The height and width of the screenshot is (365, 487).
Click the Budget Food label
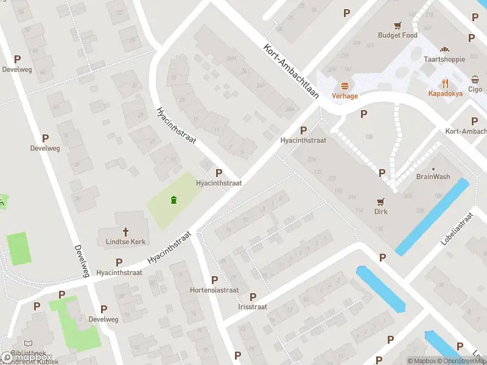[x=398, y=35]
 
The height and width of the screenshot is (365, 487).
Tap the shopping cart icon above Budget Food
[x=398, y=25]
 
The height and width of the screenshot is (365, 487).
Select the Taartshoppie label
[x=444, y=59]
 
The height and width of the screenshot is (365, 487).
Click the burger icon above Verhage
[x=345, y=86]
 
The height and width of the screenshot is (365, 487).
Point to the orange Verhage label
[x=345, y=96]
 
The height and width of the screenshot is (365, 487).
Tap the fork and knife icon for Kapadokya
[x=445, y=83]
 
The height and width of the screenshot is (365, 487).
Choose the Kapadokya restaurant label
[x=445, y=94]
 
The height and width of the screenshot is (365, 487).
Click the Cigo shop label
[x=475, y=89]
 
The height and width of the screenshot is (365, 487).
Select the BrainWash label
[x=433, y=176]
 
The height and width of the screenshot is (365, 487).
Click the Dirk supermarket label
[x=381, y=212]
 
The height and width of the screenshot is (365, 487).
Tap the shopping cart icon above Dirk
[x=381, y=201]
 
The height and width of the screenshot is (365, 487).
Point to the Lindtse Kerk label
[x=126, y=242]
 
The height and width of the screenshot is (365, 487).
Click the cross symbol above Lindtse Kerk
[x=126, y=231]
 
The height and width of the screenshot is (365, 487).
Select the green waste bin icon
[x=174, y=200]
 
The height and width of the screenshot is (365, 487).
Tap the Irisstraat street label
[x=253, y=307]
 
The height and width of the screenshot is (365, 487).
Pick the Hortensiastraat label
[x=214, y=290]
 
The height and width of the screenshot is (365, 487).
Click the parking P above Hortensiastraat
[x=214, y=280]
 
